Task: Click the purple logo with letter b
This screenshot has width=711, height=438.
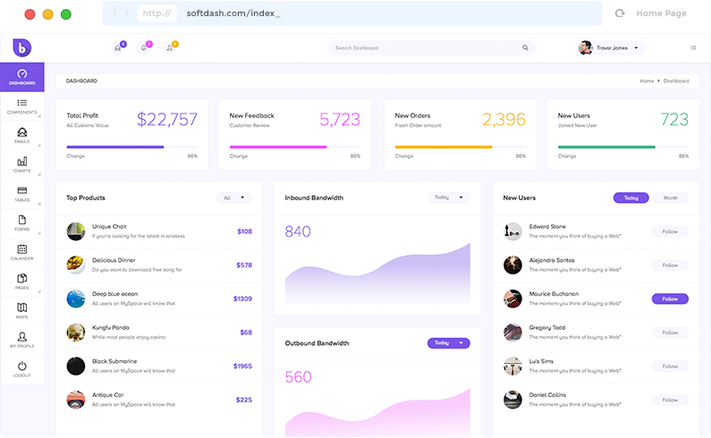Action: coord(22,47)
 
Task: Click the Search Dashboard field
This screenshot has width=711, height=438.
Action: coord(432,48)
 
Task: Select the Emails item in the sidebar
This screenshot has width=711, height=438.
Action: coord(22,135)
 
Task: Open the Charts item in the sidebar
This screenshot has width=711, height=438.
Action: coord(22,164)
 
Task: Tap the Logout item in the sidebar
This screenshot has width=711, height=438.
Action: coord(22,369)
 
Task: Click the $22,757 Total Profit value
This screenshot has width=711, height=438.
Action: coord(167,120)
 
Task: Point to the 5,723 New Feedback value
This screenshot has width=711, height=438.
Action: coord(340,120)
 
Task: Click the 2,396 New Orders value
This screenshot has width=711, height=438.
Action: coord(504,120)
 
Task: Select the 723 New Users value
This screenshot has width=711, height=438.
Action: coord(674,120)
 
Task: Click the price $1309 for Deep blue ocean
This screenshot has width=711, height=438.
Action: coord(242,299)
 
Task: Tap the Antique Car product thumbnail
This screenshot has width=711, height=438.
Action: coord(76,399)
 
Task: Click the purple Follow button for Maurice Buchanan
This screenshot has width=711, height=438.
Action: coord(670,299)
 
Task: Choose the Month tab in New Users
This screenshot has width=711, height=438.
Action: coord(671,198)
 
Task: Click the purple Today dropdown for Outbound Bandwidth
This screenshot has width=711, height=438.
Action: coord(448,343)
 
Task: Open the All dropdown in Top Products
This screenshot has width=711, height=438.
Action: coord(233,198)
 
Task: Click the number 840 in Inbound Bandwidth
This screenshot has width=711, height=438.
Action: coord(298,232)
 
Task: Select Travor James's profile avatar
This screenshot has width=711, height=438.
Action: coord(586,48)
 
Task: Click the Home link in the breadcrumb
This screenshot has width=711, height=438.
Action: coord(647,81)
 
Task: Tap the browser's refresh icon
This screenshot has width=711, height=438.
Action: coord(620,13)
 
